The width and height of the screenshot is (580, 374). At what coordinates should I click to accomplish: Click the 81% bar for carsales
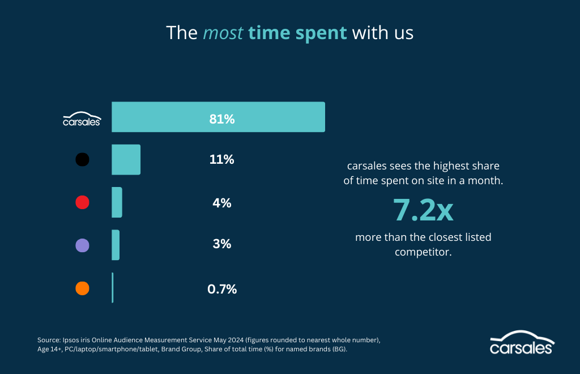(218, 117)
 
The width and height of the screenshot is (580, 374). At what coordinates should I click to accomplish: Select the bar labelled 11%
(126, 159)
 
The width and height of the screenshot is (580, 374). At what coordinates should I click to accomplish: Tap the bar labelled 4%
(117, 202)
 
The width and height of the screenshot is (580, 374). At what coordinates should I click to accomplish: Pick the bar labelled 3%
(116, 245)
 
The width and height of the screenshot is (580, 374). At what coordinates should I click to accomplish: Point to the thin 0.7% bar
(113, 288)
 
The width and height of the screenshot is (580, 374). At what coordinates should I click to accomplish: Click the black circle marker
(82, 160)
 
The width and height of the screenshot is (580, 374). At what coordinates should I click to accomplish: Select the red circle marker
(82, 202)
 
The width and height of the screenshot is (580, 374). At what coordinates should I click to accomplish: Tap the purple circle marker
(82, 245)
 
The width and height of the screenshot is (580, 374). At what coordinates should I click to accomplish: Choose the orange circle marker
(82, 288)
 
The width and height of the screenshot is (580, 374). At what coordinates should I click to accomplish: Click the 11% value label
(221, 160)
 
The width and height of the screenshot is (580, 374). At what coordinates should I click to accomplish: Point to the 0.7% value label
(221, 289)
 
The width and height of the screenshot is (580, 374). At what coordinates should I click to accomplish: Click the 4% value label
(221, 203)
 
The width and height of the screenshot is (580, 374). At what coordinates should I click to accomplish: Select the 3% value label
(221, 244)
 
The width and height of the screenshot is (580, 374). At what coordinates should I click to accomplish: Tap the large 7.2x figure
(423, 210)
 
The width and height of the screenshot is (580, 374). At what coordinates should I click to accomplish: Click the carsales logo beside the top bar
(82, 118)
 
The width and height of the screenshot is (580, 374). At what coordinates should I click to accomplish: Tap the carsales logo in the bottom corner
(522, 342)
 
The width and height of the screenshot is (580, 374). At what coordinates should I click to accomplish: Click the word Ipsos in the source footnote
(70, 340)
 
